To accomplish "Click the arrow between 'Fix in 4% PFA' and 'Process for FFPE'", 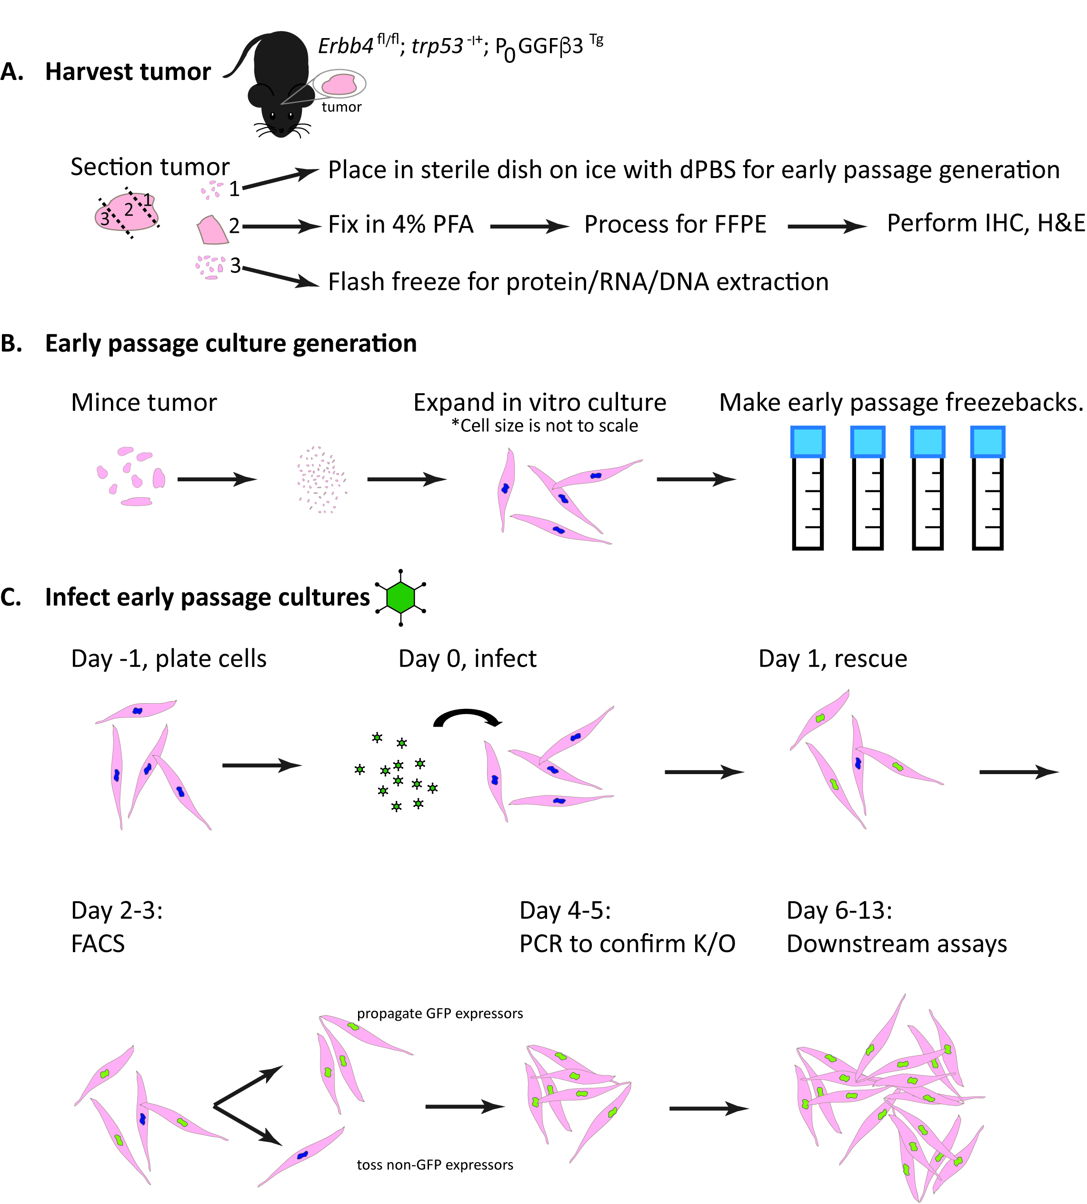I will tap(529, 226).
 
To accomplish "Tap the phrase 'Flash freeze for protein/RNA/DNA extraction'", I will tap(578, 282).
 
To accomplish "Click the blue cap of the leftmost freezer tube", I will tap(808, 442).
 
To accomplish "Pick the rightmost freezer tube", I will tap(987, 488).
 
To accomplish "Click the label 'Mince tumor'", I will tap(144, 403).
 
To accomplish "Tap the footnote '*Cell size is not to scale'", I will tap(545, 426).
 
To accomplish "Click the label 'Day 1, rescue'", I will tap(833, 659).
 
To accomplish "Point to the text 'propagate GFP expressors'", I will tap(439, 1014).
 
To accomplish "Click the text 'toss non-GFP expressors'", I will tap(435, 1164).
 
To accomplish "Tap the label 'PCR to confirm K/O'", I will tap(627, 944).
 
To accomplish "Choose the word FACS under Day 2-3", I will tap(98, 944).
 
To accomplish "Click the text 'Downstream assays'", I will tap(897, 944).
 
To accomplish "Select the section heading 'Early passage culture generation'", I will tap(230, 343).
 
